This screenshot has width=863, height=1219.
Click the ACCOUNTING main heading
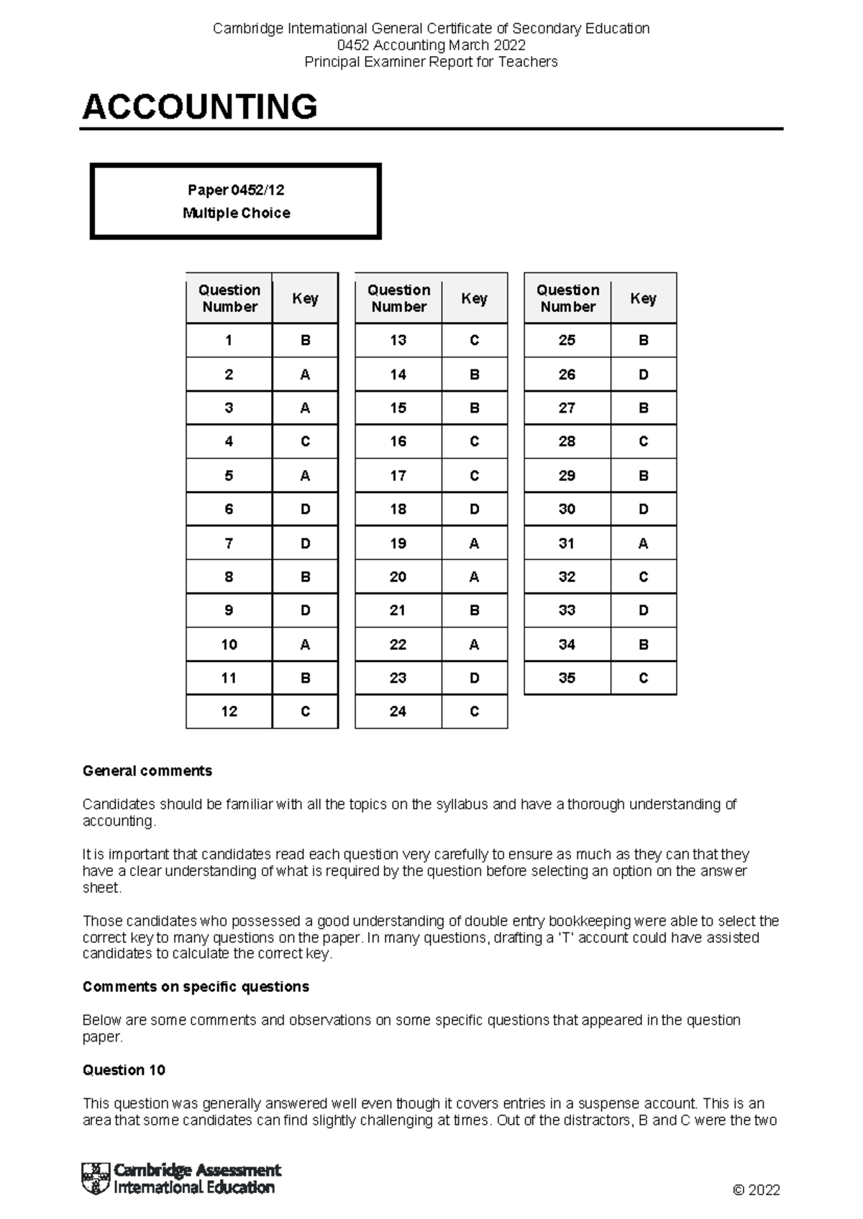click(200, 107)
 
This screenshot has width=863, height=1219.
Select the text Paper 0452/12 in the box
click(236, 190)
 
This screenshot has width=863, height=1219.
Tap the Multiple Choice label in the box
click(236, 213)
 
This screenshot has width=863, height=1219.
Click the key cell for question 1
click(305, 341)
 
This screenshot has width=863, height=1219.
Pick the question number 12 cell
click(229, 712)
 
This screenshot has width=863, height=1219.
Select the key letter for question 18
click(474, 509)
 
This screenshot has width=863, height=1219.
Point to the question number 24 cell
click(398, 712)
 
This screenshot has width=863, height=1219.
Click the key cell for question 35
click(643, 678)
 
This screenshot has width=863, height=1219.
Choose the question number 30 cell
click(567, 509)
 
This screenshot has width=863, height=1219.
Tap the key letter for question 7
click(305, 543)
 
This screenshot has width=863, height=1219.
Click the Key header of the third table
click(643, 298)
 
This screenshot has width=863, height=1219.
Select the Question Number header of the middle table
click(398, 298)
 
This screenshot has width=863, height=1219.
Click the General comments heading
click(147, 770)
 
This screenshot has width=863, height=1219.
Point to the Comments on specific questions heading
click(196, 986)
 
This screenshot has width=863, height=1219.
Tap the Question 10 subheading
click(124, 1069)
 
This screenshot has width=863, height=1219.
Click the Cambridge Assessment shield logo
click(96, 1179)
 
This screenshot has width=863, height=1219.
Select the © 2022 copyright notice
click(756, 1190)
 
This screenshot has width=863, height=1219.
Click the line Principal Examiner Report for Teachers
click(431, 62)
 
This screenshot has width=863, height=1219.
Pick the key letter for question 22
click(474, 645)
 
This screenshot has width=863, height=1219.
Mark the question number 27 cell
click(567, 408)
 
